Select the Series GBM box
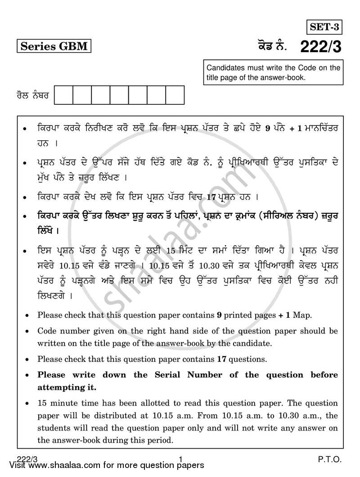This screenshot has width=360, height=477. (x=54, y=46)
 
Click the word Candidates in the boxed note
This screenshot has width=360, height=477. (x=226, y=68)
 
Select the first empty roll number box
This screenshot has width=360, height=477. (x=63, y=95)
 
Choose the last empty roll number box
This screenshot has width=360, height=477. (x=175, y=95)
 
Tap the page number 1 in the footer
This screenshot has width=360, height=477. (x=180, y=459)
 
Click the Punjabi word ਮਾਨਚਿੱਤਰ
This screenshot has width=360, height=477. (x=322, y=128)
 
